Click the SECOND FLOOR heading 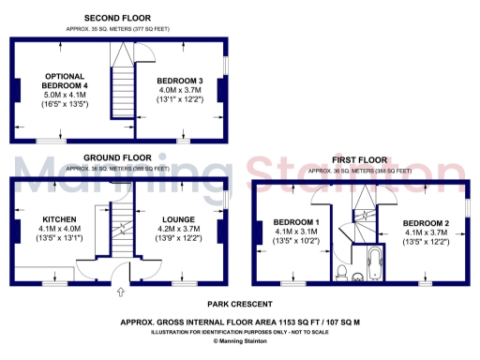(118, 18)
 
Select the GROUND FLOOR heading (118, 157)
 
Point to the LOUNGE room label (178, 219)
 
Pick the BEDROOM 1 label (295, 222)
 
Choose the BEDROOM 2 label (427, 222)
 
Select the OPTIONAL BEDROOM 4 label (65, 81)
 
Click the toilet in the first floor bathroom (344, 273)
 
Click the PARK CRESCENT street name (240, 305)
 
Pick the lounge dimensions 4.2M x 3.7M (178, 229)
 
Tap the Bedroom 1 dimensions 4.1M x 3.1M (295, 232)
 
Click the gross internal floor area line (240, 322)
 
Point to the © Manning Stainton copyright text (240, 341)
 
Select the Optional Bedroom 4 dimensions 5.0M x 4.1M (65, 95)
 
